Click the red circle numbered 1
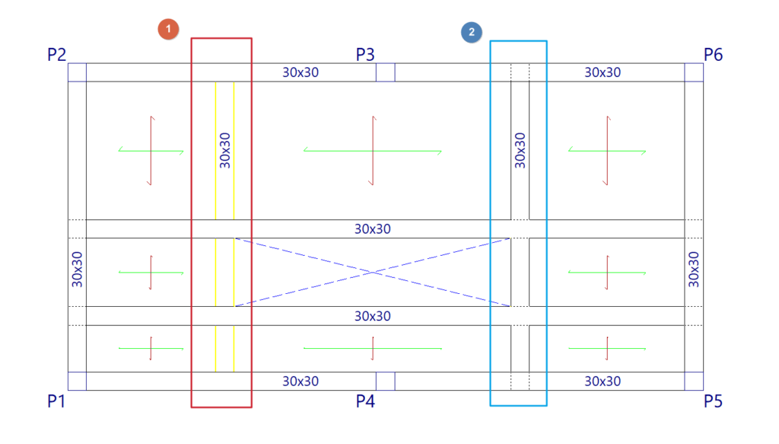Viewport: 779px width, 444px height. tap(167, 30)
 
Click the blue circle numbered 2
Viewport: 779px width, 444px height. tap(472, 32)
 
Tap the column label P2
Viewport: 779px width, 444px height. tap(56, 55)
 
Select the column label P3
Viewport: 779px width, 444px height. tap(365, 55)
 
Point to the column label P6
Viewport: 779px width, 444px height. tap(713, 55)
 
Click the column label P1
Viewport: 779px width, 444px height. tap(56, 401)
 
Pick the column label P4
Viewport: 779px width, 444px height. tap(365, 401)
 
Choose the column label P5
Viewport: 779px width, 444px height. tap(713, 401)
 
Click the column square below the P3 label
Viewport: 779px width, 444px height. tap(386, 72)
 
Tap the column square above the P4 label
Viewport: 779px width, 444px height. tap(386, 381)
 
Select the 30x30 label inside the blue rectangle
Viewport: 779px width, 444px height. tap(520, 149)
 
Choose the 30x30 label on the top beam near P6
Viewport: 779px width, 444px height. tap(603, 72)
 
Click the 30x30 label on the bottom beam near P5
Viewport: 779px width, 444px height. tap(603, 381)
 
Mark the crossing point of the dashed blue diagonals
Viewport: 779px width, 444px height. tap(372, 272)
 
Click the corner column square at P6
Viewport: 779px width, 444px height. tap(694, 72)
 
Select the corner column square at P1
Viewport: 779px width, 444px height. tap(77, 381)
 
